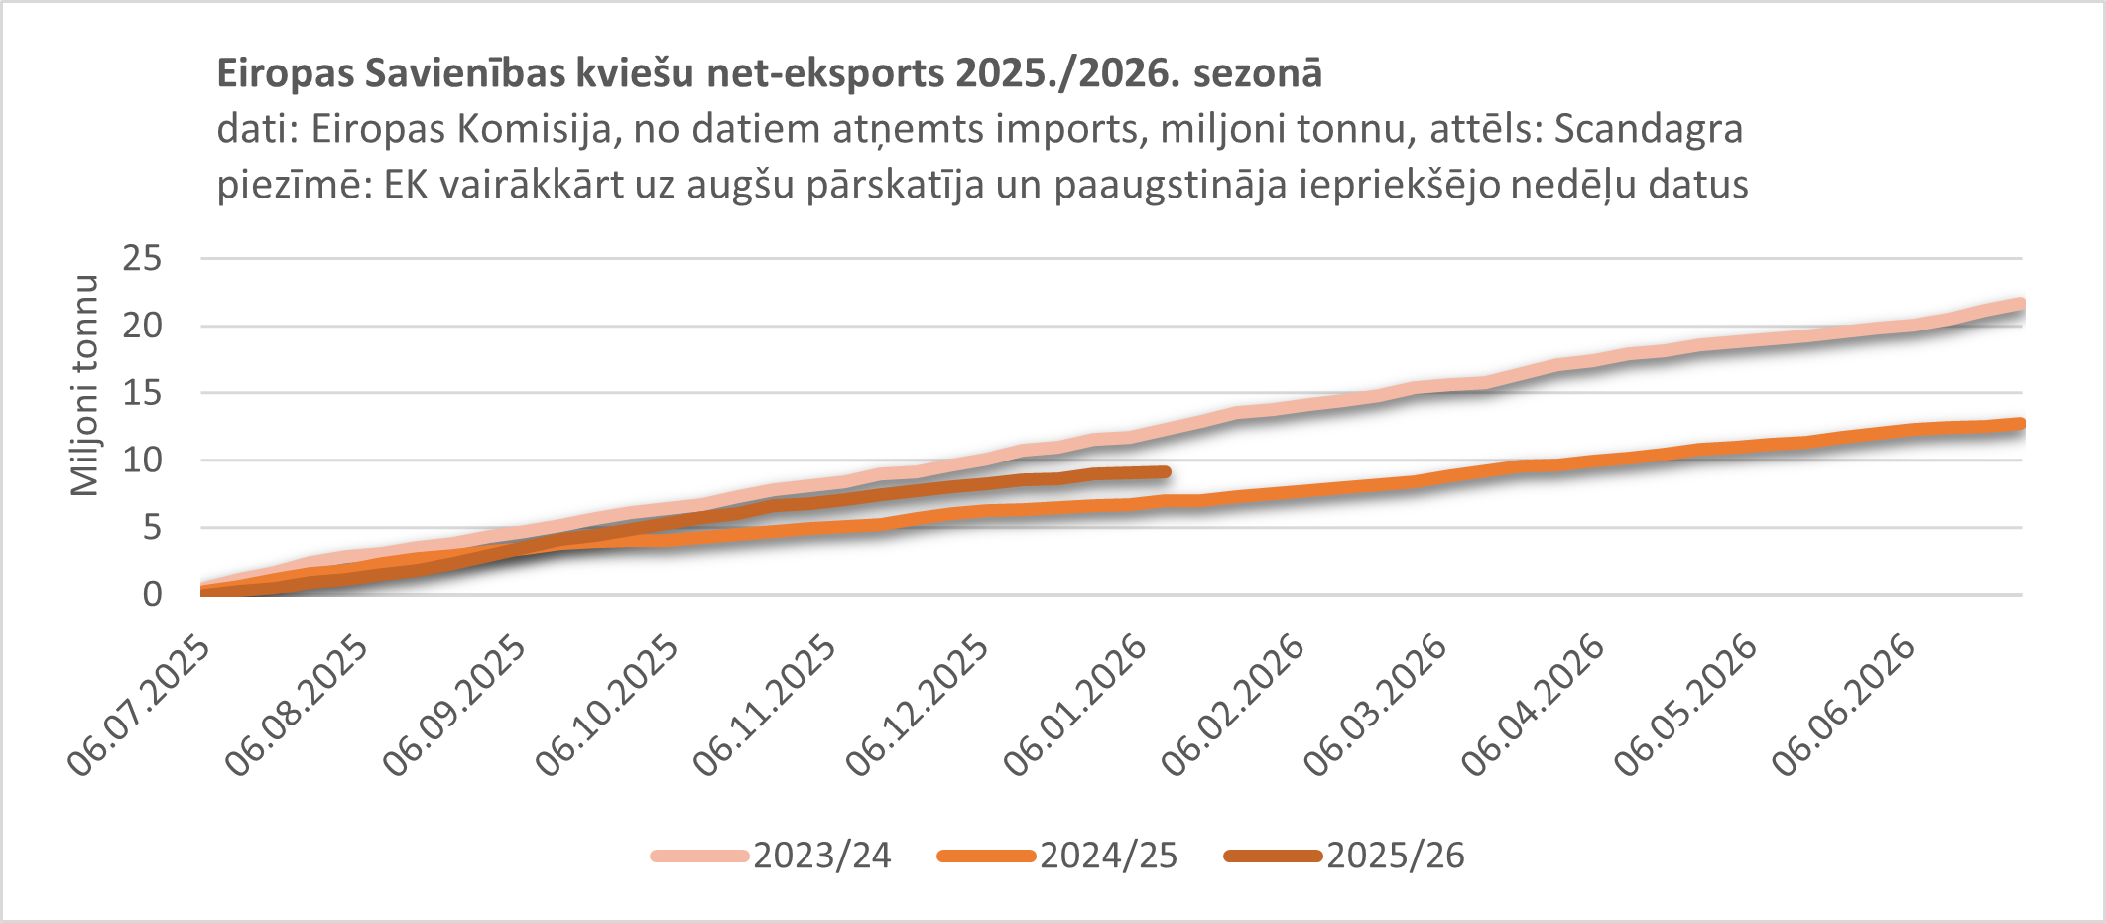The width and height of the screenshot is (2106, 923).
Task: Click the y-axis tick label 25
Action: click(x=142, y=259)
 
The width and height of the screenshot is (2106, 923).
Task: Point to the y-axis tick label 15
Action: click(x=142, y=393)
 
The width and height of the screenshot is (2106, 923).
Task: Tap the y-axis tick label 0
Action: click(x=152, y=594)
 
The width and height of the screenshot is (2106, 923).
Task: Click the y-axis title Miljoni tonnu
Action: click(x=85, y=385)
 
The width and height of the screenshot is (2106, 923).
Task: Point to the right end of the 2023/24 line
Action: click(x=2019, y=304)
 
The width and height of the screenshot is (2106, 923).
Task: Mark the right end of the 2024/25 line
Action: click(x=2019, y=424)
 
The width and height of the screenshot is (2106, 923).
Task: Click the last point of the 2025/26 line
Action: click(x=1166, y=472)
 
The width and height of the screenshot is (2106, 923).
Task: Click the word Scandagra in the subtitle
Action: click(x=1648, y=129)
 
